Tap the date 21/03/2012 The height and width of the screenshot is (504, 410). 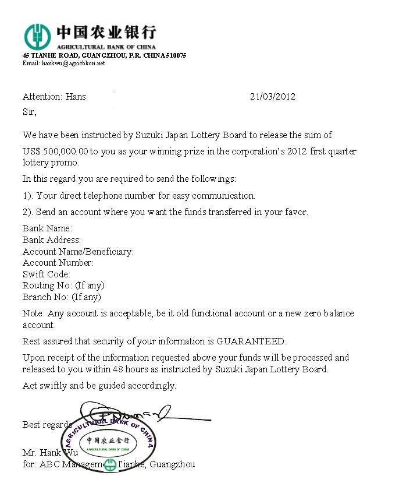pyautogui.click(x=272, y=97)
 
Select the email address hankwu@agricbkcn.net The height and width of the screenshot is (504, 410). pyautogui.click(x=73, y=63)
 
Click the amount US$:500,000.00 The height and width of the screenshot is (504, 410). pyautogui.click(x=55, y=151)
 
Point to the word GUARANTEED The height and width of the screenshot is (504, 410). pyautogui.click(x=251, y=341)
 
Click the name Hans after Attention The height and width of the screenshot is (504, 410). pyautogui.click(x=75, y=97)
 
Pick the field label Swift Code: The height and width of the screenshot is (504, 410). pyautogui.click(x=47, y=274)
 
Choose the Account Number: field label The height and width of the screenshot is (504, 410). pyautogui.click(x=58, y=263)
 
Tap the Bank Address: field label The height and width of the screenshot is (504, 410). pyautogui.click(x=52, y=240)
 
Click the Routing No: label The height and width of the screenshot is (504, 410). pyautogui.click(x=47, y=286)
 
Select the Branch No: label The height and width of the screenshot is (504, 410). pyautogui.click(x=47, y=297)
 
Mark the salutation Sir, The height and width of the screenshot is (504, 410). pyautogui.click(x=30, y=111)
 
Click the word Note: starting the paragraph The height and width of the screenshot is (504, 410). pyautogui.click(x=34, y=313)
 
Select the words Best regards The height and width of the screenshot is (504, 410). pyautogui.click(x=47, y=425)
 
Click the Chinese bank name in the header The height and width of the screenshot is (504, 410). pyautogui.click(x=106, y=32)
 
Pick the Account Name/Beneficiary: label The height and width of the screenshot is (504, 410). pyautogui.click(x=78, y=252)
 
